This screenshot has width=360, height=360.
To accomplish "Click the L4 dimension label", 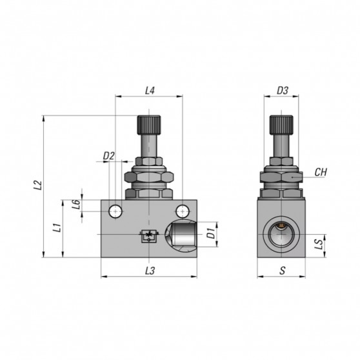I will click(150, 91).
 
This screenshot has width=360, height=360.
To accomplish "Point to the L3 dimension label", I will click(150, 271).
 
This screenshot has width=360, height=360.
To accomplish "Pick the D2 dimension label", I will click(108, 155).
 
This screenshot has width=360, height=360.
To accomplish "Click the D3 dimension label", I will click(282, 91).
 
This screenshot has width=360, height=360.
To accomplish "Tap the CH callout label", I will click(321, 172).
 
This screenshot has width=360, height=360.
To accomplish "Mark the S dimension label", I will click(282, 271).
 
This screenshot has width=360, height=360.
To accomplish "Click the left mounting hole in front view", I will click(115, 210).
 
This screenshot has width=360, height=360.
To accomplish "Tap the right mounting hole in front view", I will click(184, 210).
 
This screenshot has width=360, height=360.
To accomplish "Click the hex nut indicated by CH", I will click(282, 175).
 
